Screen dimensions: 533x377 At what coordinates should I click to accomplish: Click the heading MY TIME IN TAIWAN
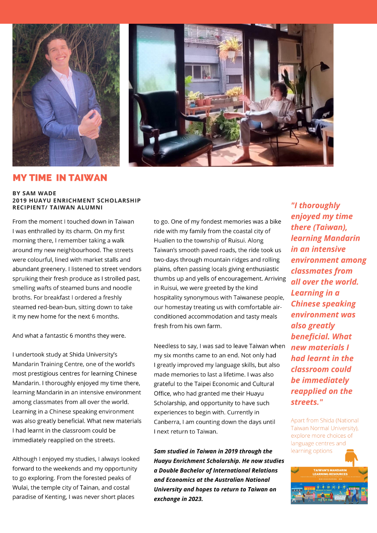pyautogui.click(x=60, y=178)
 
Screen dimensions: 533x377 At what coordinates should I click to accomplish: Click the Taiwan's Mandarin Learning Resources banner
pyautogui.click(x=329, y=485)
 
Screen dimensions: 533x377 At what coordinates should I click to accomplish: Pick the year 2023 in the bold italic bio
pyautogui.click(x=194, y=499)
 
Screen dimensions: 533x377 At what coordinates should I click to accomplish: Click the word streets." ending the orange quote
pyautogui.click(x=307, y=402)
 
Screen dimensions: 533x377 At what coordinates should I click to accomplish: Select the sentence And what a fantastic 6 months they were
pyautogui.click(x=69, y=335)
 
